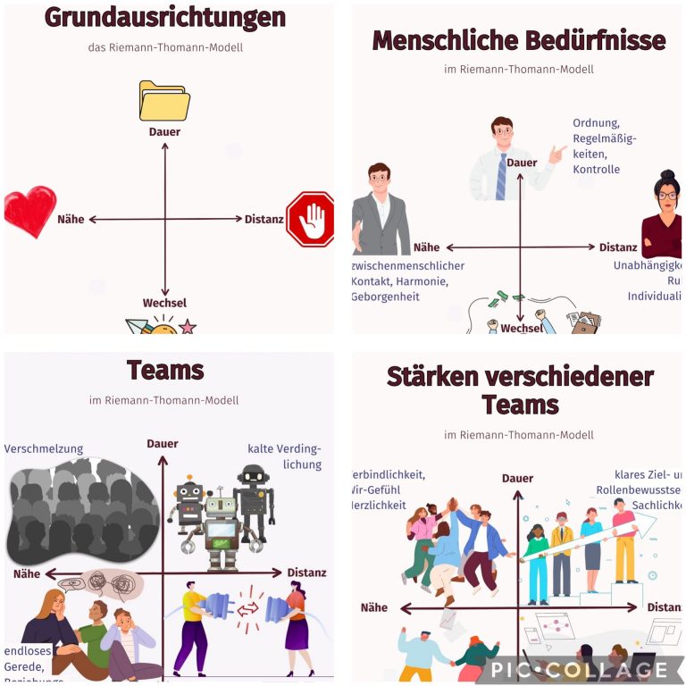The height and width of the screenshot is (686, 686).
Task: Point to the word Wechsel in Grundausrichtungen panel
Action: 164,303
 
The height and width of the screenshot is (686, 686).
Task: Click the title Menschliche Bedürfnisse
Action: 518,40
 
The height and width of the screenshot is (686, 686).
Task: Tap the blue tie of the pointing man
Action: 501,176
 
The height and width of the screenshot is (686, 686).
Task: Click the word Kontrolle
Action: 596,170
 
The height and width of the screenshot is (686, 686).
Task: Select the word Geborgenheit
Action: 385,297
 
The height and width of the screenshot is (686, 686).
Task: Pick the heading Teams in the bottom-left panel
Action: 165,370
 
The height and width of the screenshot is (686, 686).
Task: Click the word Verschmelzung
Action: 44,448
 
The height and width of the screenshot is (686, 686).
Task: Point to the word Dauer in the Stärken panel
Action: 517,478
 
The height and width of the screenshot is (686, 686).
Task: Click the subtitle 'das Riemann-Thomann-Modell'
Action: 165,47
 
